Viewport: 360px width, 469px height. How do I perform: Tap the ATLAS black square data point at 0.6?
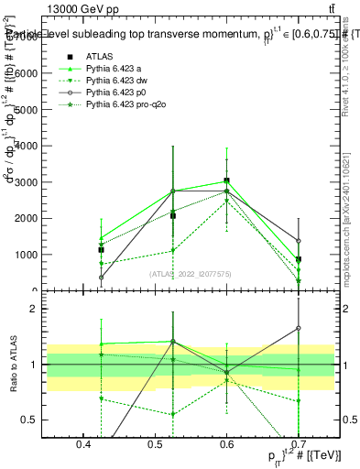pyautogui.click(x=226, y=181)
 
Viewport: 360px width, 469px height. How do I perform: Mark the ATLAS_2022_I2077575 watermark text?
pyautogui.click(x=190, y=273)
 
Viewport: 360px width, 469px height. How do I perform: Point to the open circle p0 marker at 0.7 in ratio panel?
pyautogui.click(x=299, y=328)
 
